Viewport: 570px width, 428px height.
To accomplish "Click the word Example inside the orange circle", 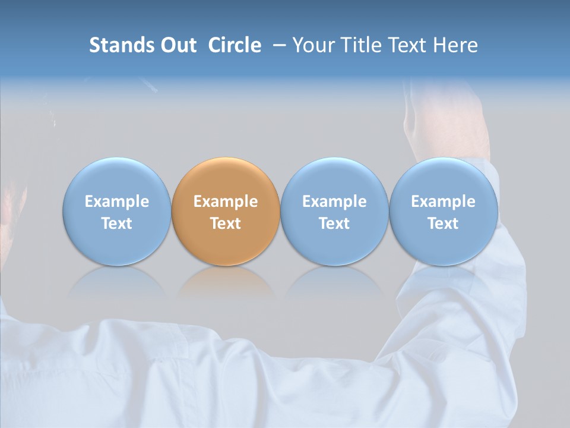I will click(x=226, y=202).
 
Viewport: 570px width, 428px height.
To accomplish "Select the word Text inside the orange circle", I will click(x=226, y=224).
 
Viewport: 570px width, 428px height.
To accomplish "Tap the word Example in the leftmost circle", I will click(x=117, y=202).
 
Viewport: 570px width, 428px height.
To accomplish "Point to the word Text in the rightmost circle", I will click(x=444, y=224).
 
